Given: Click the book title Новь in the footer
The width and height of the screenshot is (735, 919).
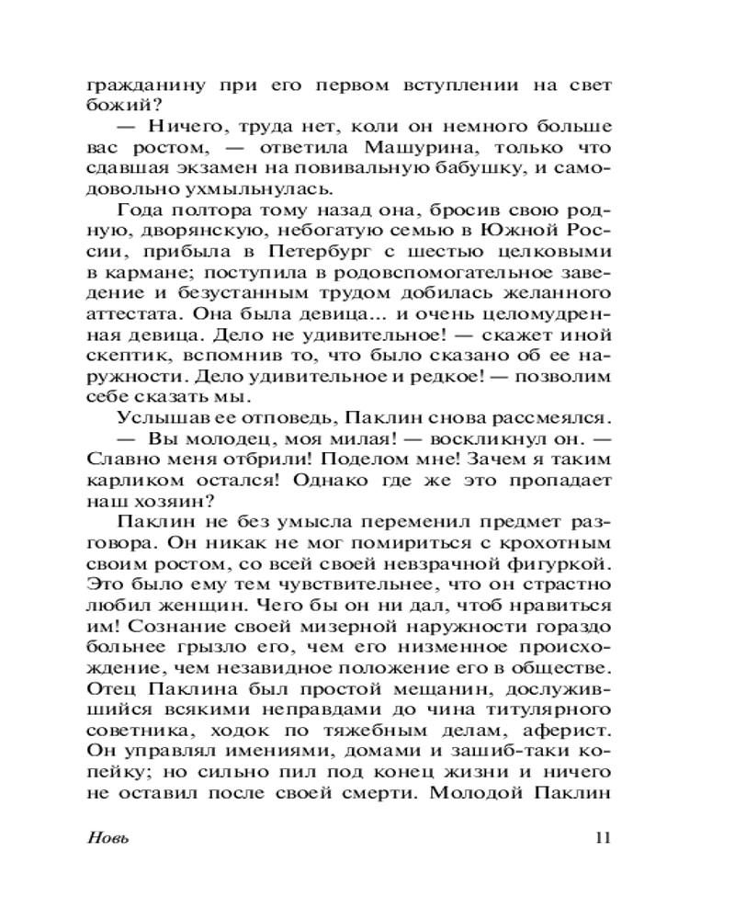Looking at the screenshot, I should (107, 837).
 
